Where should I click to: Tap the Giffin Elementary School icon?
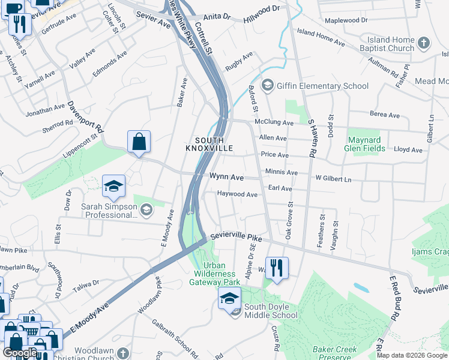268,86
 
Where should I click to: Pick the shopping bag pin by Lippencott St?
139,143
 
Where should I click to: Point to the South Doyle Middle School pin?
229,298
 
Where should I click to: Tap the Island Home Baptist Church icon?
424,43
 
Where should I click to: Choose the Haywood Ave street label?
237,194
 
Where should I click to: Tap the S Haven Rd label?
312,137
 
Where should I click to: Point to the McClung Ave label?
274,122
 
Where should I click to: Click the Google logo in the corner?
20,353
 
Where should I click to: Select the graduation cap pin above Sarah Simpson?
113,187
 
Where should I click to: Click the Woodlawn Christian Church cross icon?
123,353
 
